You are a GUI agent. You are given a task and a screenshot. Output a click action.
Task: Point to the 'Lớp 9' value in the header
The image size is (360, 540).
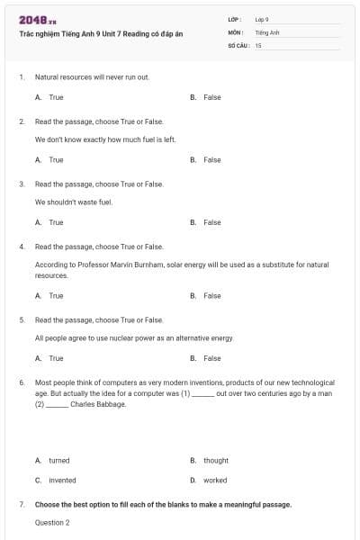click(262, 19)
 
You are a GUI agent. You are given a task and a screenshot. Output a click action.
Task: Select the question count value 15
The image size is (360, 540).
click(258, 44)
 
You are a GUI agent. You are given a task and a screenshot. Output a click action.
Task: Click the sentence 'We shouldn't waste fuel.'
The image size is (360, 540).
click(74, 202)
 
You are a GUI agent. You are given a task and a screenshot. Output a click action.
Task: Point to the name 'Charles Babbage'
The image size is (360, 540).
click(98, 404)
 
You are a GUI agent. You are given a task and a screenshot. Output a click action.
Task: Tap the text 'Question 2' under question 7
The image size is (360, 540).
click(52, 522)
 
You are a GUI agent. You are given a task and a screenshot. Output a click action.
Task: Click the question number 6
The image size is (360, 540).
click(21, 382)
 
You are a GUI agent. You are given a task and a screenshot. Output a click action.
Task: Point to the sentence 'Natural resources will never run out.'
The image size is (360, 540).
click(92, 77)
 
